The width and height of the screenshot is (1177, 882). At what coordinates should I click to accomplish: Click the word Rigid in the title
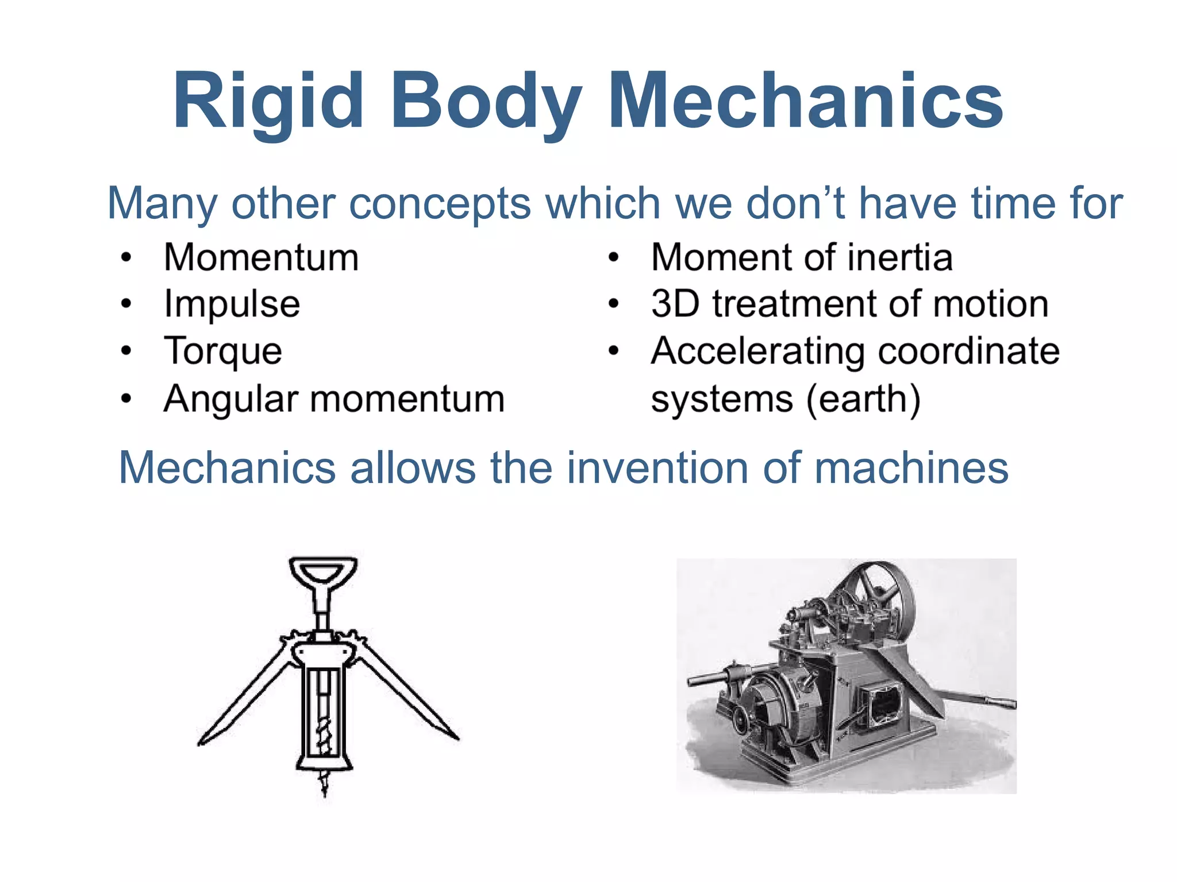[x=268, y=101]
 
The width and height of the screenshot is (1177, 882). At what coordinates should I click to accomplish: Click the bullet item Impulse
[x=232, y=304]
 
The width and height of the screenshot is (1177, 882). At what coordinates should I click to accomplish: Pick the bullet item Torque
[x=223, y=351]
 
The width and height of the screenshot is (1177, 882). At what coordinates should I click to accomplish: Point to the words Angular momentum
[x=334, y=399]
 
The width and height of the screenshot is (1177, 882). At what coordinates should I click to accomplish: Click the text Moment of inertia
[x=802, y=257]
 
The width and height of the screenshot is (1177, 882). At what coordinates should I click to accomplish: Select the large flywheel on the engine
[x=876, y=591]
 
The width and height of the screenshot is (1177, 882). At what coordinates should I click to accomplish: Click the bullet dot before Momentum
[x=126, y=257]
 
